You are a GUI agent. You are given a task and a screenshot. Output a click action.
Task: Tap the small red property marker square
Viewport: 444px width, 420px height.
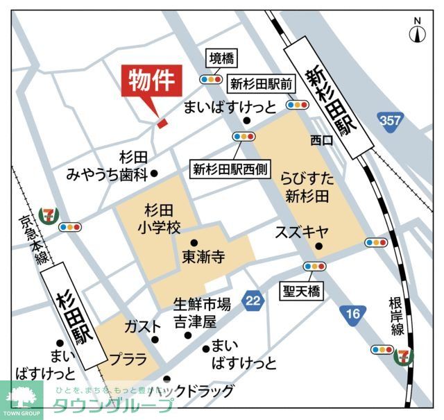coord(162,124)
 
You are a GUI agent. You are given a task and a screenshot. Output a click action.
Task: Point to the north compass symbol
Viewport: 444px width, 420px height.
coord(417,32)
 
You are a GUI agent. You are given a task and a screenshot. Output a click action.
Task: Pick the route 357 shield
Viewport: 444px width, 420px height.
coord(391,121)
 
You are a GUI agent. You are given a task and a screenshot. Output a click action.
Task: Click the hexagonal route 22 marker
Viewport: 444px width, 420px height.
coord(253,300)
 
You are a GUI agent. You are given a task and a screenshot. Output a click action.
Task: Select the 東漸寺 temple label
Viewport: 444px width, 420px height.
coord(203,257)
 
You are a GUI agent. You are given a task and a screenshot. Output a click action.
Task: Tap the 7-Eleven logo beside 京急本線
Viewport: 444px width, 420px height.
coord(48,213)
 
